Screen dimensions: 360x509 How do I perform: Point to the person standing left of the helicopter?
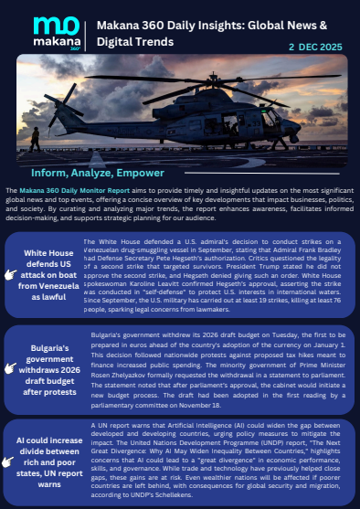click(34, 138)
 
